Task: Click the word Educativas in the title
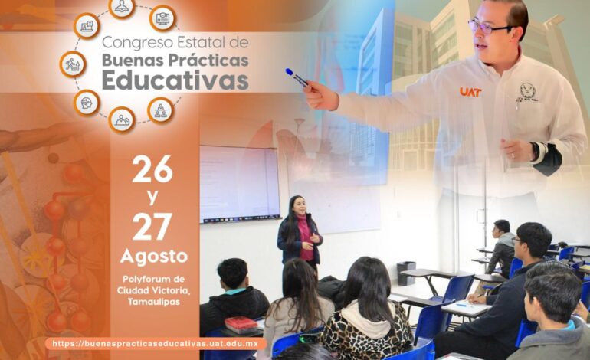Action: coord(175,80)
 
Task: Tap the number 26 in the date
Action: coord(152,169)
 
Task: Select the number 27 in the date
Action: coord(152,227)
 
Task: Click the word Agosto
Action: coord(154,256)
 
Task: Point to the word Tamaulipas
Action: coord(153,302)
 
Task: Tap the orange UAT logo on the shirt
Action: coord(470,92)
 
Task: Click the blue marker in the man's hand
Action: coord(297,77)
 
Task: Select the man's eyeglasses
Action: coord(489,27)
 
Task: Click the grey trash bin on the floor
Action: coord(406,273)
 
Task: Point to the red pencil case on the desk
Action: coord(241,325)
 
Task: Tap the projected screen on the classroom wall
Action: coord(240,185)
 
